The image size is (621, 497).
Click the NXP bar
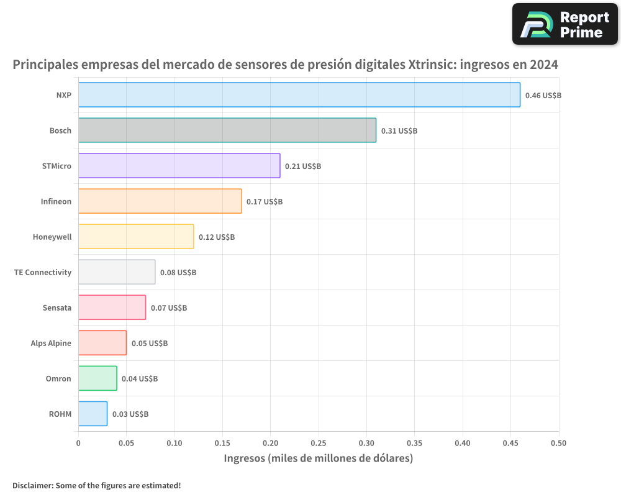coord(299,95)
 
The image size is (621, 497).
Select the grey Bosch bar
coord(227,130)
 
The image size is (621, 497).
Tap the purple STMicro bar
coord(179,166)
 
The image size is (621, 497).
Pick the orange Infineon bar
coord(160,201)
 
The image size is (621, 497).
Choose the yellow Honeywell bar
coord(135,237)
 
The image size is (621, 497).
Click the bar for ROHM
coord(93,414)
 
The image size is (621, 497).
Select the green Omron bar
coord(97,378)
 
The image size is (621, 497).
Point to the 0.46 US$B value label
coord(543,96)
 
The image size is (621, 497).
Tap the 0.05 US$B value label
coord(149,344)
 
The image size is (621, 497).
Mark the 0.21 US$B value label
coord(302,166)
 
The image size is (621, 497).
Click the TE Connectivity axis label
coord(43,272)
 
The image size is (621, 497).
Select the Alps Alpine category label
coord(51,343)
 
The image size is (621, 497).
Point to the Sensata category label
coord(57,308)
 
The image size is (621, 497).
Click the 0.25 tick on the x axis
coord(318,444)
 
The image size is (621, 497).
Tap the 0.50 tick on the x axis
coord(558,444)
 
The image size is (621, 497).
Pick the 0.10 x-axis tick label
coord(174,444)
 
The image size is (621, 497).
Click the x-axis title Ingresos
coord(318,459)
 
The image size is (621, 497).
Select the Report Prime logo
coord(565,24)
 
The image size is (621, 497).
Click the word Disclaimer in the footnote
coord(32,486)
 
